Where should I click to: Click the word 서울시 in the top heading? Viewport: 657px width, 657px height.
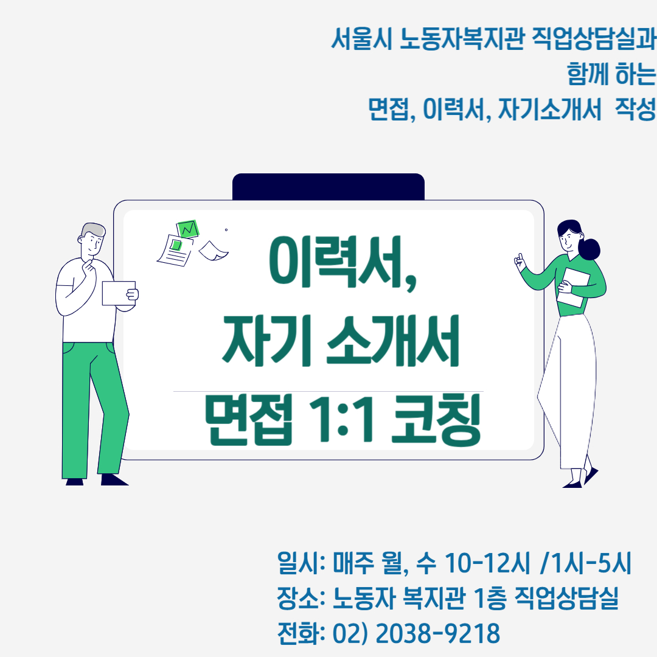click(362, 38)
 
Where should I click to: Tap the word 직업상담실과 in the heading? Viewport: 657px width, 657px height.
click(593, 38)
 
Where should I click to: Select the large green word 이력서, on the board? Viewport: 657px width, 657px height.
click(342, 263)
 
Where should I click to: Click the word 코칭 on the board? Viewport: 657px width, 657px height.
click(436, 420)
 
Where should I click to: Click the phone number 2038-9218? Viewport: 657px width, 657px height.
click(437, 633)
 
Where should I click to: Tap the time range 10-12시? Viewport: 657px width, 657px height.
click(487, 562)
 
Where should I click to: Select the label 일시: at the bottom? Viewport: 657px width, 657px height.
click(301, 562)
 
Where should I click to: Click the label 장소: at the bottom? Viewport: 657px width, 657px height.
click(301, 598)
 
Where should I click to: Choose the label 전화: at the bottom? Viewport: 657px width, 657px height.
click(301, 633)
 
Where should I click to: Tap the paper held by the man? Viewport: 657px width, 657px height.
click(119, 293)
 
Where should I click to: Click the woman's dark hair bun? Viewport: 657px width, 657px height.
click(589, 249)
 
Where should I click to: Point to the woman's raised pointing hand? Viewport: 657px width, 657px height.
click(519, 262)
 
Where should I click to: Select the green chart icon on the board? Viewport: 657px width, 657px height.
click(187, 229)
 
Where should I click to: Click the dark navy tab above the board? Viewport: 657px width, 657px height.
click(328, 187)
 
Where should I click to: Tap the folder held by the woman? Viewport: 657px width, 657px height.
click(573, 287)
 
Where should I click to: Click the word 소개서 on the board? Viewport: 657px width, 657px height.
click(392, 341)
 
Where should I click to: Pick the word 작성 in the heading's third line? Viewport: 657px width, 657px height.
click(634, 109)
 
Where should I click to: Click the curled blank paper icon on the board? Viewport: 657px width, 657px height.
click(214, 251)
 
